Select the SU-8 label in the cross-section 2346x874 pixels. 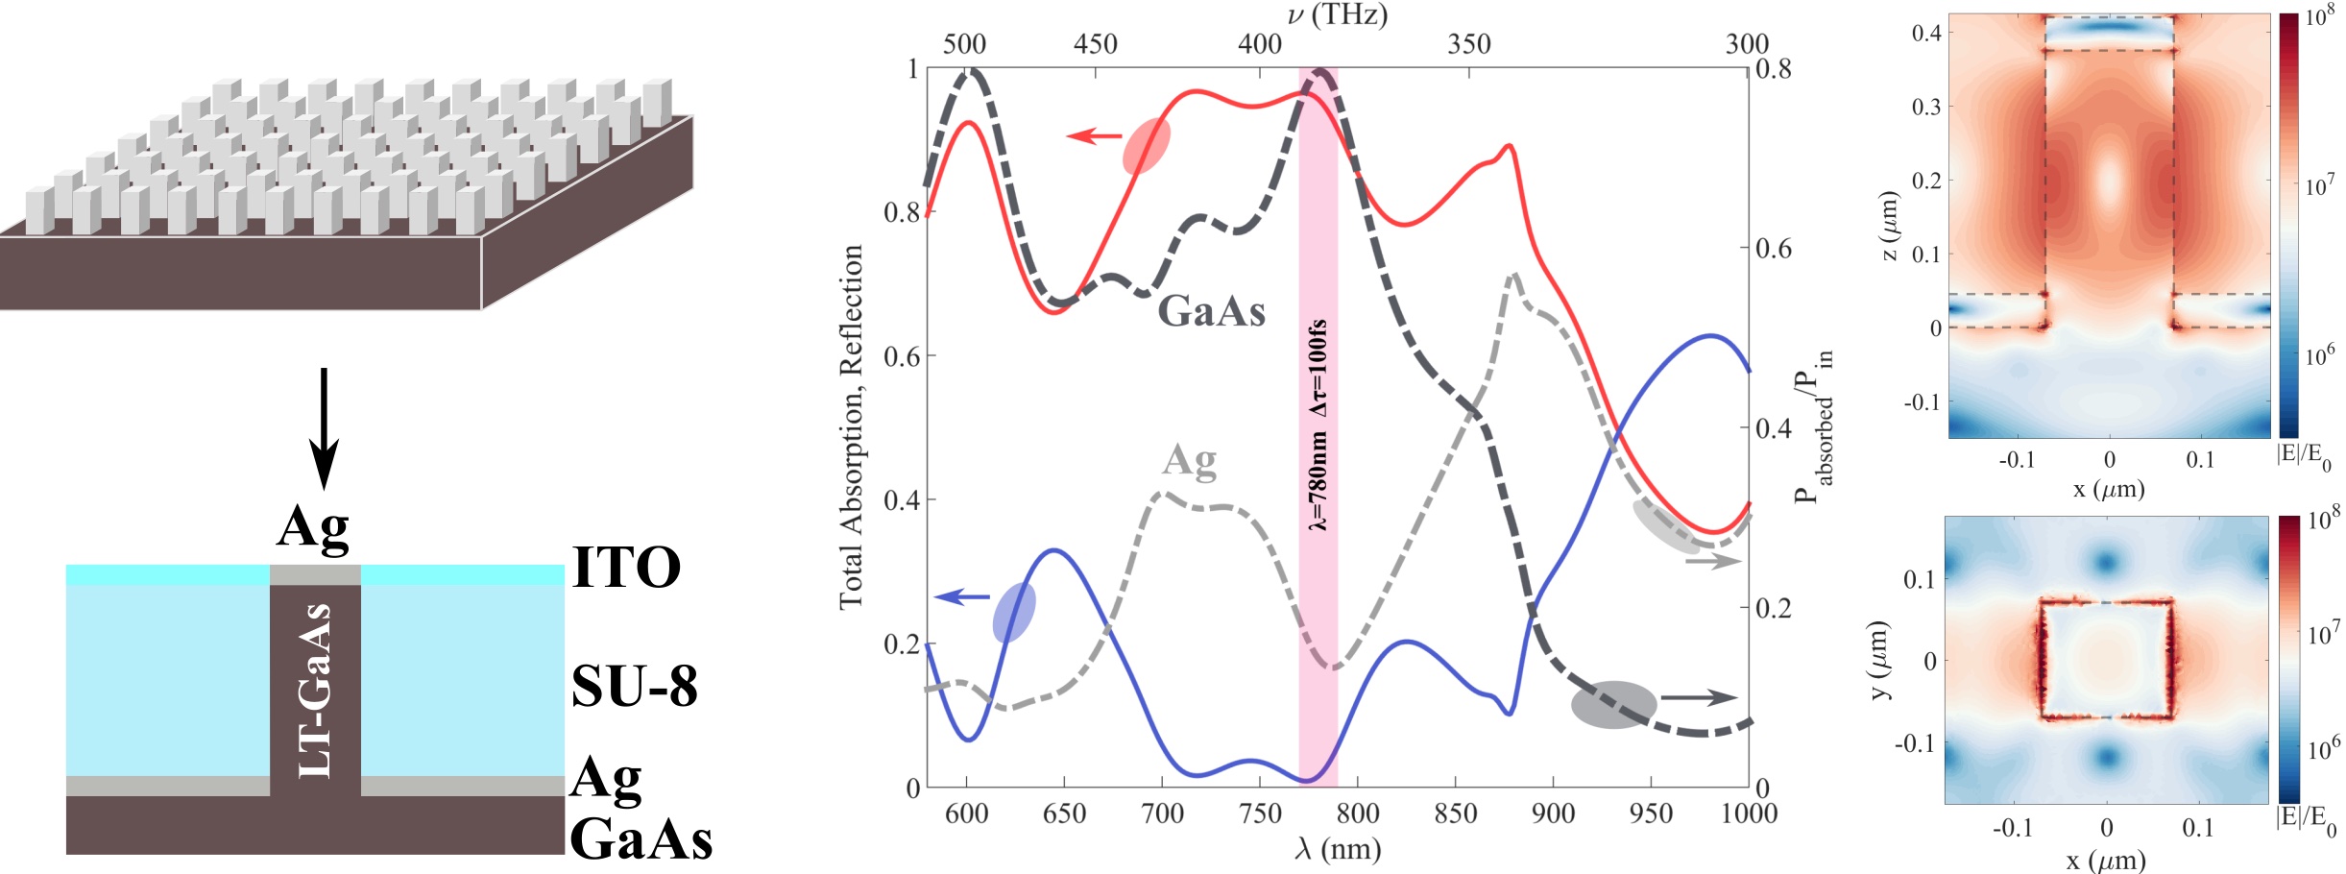[x=634, y=686]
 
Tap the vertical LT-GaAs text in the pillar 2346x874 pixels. [x=316, y=690]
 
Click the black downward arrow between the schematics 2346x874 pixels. [x=324, y=427]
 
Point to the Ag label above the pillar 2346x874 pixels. [x=313, y=527]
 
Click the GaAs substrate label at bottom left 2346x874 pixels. [x=641, y=838]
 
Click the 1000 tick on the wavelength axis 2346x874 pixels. [x=1749, y=813]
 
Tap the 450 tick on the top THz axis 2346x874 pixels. [x=1096, y=44]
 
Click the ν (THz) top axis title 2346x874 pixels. [x=1337, y=14]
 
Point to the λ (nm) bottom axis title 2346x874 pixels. [x=1337, y=849]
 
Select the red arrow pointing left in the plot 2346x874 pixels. [x=1094, y=136]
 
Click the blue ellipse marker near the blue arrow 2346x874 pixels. [x=1014, y=612]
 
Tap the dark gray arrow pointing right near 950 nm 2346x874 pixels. [x=1699, y=698]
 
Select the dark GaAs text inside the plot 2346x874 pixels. [x=1211, y=310]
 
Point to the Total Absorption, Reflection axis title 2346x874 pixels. [x=851, y=426]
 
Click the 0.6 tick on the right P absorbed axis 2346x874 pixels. [x=1773, y=249]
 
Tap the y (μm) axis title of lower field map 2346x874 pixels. [x=1880, y=660]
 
